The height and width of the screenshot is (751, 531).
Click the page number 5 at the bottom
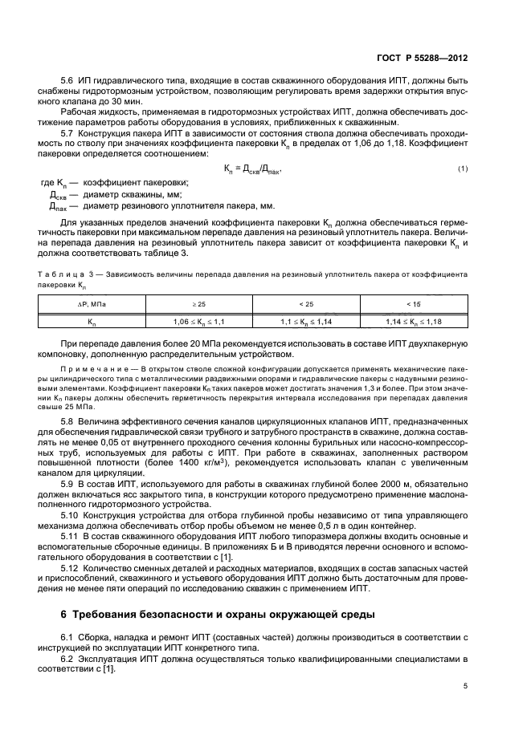click(465, 686)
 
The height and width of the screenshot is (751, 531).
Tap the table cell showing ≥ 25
click(198, 304)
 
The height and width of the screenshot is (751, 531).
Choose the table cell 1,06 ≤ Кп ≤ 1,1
click(198, 321)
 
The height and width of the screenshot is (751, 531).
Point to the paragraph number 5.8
click(67, 420)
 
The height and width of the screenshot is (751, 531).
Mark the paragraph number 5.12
click(70, 567)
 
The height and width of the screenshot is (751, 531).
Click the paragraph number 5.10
click(70, 514)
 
